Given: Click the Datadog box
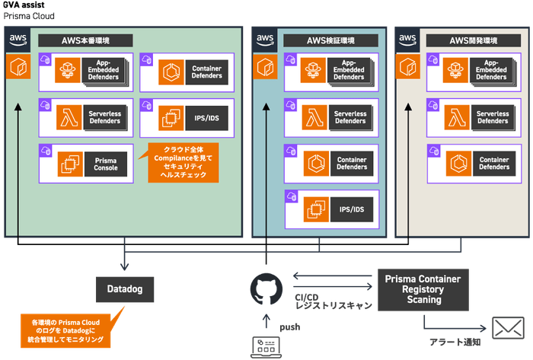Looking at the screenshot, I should pos(125,288).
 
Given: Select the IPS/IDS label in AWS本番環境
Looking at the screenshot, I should pos(206,117).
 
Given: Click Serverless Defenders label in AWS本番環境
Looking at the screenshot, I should pos(106,117).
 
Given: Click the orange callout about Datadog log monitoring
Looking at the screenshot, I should pos(65,327).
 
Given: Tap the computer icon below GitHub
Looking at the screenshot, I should pos(266,347).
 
